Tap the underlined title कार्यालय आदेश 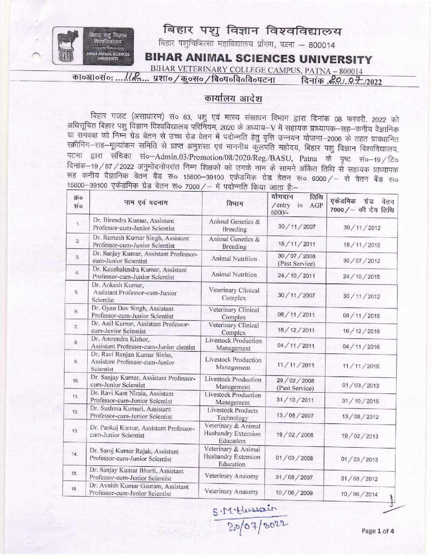(233, 98)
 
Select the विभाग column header (234, 203)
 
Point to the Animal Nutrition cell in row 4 (234, 275)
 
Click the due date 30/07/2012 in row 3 (361, 261)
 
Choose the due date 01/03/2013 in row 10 (360, 386)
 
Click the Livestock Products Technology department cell (233, 414)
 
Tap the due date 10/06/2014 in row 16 (359, 494)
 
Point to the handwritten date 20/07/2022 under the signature (257, 525)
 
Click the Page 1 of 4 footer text (378, 531)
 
